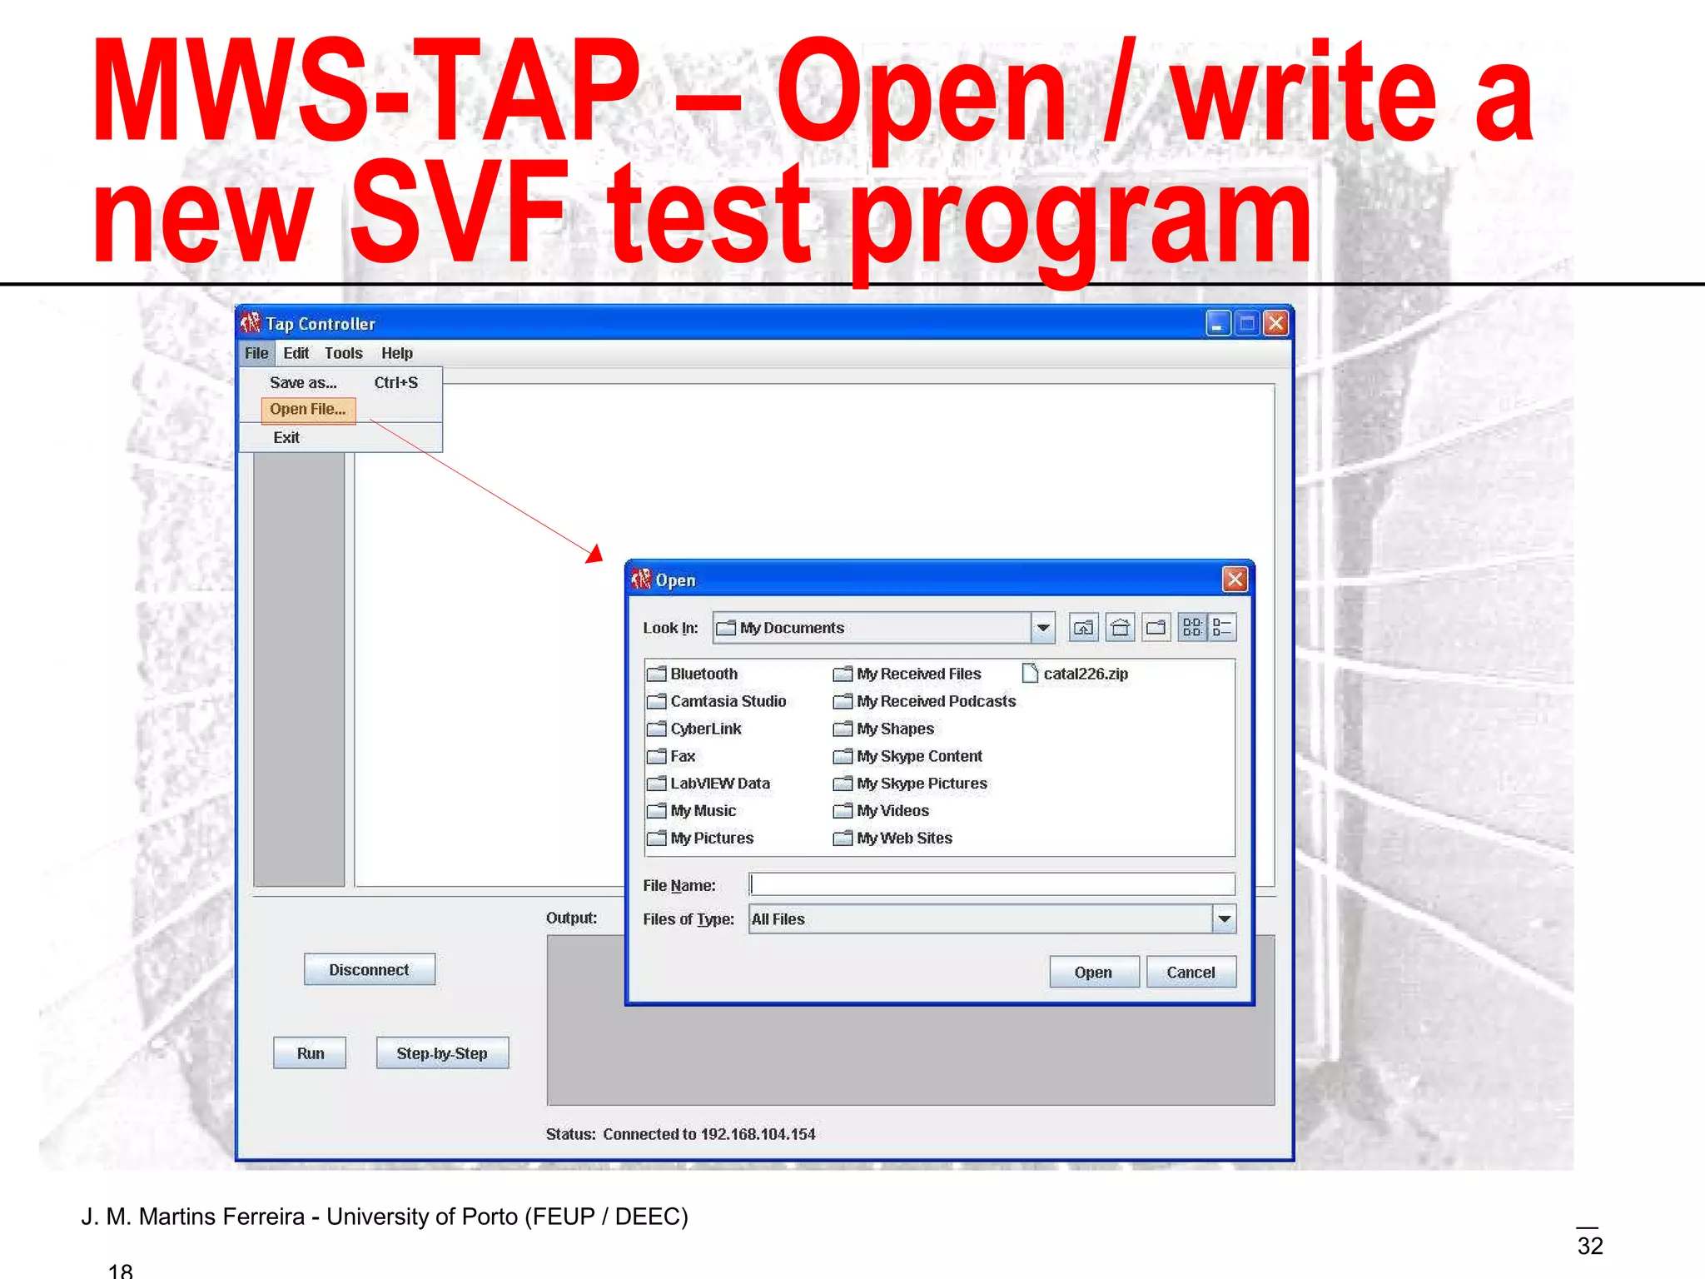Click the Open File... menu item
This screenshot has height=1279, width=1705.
click(307, 410)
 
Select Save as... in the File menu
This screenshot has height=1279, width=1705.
click(303, 383)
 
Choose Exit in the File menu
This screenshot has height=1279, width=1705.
click(286, 438)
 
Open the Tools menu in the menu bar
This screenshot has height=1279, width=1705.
click(343, 353)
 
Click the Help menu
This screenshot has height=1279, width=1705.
click(397, 353)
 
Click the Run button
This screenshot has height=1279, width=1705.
click(310, 1053)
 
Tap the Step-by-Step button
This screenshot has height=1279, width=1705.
click(442, 1053)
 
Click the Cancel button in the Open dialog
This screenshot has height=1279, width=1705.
click(1191, 973)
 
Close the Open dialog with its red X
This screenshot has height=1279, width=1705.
click(1235, 580)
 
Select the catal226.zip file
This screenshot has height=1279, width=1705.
click(1085, 674)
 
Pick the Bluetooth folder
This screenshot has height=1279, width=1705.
click(703, 674)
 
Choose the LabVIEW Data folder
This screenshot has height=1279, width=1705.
click(719, 784)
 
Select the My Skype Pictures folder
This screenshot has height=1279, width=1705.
click(921, 784)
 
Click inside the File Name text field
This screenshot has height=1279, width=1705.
click(991, 884)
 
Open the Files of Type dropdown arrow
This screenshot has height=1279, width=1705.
click(1224, 919)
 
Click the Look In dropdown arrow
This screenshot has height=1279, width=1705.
click(1042, 628)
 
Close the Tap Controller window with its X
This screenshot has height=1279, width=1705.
click(1275, 323)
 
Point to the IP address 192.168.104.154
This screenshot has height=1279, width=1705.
click(758, 1134)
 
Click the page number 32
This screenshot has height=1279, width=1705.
click(1589, 1246)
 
